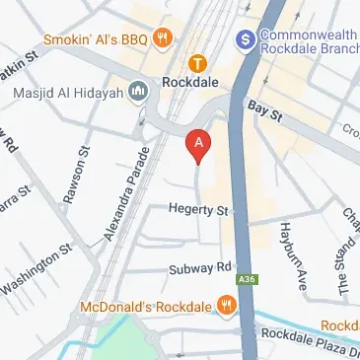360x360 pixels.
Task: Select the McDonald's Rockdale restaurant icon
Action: click(227, 304)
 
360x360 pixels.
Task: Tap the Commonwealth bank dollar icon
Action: click(246, 39)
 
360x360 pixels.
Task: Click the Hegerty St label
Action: click(197, 210)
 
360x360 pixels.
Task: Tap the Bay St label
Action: click(264, 110)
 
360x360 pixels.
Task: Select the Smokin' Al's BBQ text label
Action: click(94, 39)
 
